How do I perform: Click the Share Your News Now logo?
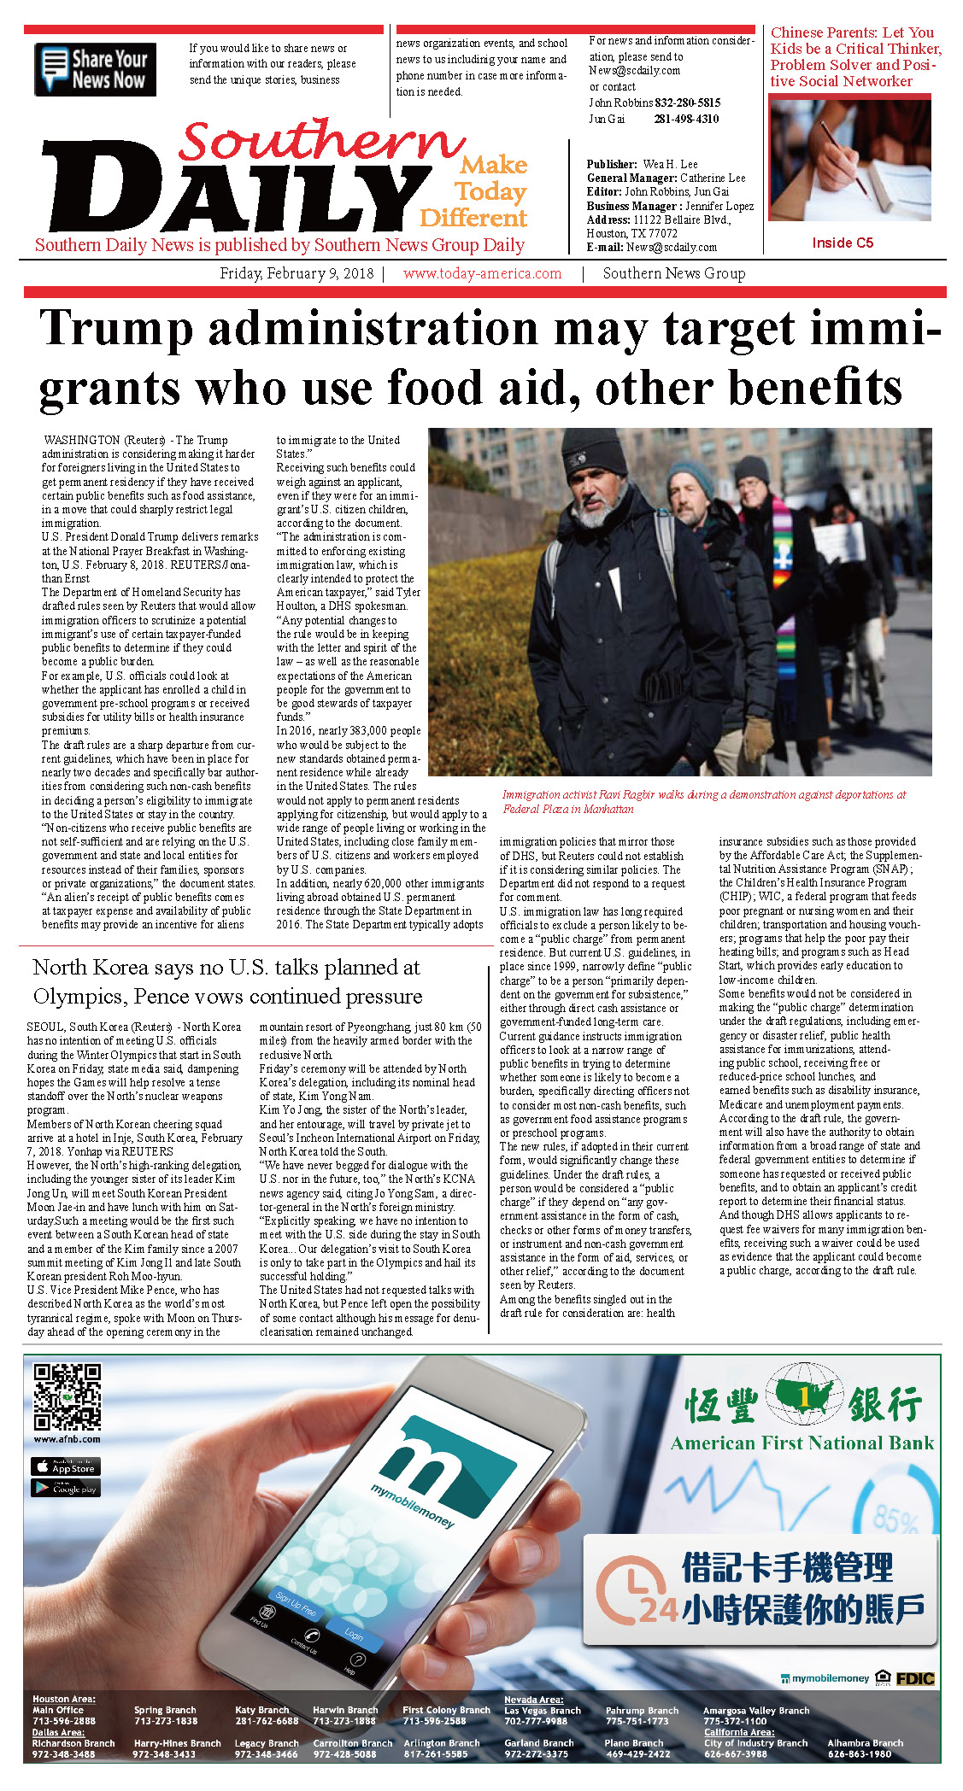tap(95, 69)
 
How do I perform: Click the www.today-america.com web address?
tap(482, 273)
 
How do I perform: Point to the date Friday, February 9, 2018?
tap(297, 273)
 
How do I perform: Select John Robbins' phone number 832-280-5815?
tap(687, 102)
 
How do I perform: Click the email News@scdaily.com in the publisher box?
tap(672, 247)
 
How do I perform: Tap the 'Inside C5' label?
tap(843, 243)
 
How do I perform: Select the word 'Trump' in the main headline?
tap(116, 329)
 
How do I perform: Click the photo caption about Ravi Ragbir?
tap(704, 801)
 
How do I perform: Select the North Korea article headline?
tap(227, 981)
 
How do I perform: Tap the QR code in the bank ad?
tap(67, 1396)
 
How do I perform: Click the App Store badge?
tap(66, 1466)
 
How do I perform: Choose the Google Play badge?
tap(66, 1488)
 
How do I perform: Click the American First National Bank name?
tap(802, 1443)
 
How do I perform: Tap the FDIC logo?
tap(914, 1678)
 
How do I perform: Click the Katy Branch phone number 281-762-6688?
tap(267, 1721)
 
